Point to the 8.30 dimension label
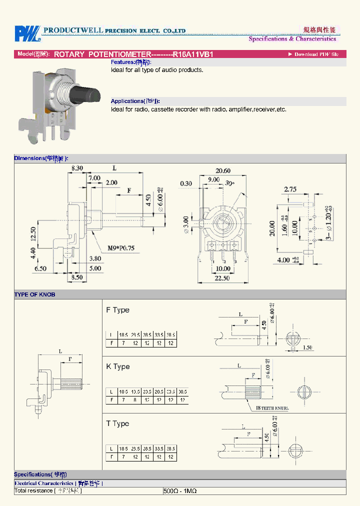(x=77, y=168)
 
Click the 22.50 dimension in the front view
(x=222, y=278)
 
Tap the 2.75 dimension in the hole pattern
(x=290, y=189)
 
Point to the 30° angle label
(x=230, y=183)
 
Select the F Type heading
(x=117, y=310)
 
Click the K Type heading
(x=117, y=366)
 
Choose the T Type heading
(x=117, y=423)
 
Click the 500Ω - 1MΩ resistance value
(x=180, y=491)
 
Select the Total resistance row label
(x=47, y=491)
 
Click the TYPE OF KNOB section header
(x=34, y=294)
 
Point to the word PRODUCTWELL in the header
(x=73, y=30)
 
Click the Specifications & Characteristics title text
(x=292, y=39)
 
